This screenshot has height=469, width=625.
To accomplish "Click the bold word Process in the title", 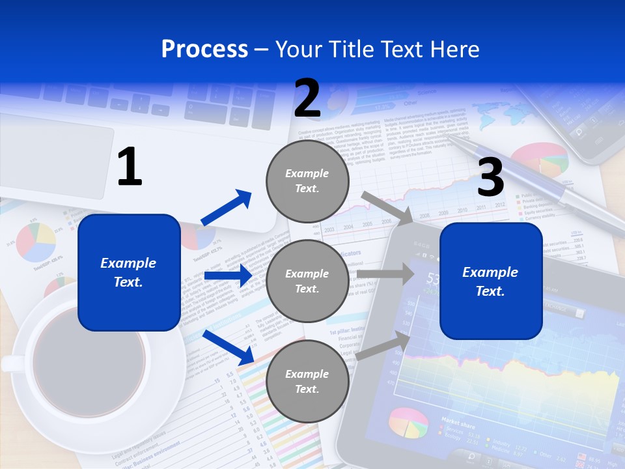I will click(204, 49).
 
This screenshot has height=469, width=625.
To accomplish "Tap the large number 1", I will click(130, 167).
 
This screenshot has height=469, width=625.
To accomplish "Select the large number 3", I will click(491, 177).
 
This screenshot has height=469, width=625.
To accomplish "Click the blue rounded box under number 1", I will click(129, 272).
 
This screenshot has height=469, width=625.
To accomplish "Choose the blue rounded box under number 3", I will click(491, 281).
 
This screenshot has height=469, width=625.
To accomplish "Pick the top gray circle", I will click(307, 181).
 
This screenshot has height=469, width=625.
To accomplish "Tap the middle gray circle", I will click(307, 281).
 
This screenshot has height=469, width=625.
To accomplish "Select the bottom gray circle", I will click(307, 382).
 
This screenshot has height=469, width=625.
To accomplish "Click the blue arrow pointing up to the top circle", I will click(227, 208).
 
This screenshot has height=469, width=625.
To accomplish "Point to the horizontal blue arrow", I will click(228, 276).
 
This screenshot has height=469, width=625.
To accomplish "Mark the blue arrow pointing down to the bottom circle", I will click(229, 348).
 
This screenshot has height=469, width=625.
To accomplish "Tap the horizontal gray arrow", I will click(385, 274).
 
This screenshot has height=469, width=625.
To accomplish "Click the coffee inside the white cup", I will click(89, 362).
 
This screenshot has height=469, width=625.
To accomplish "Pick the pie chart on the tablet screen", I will click(408, 423).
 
